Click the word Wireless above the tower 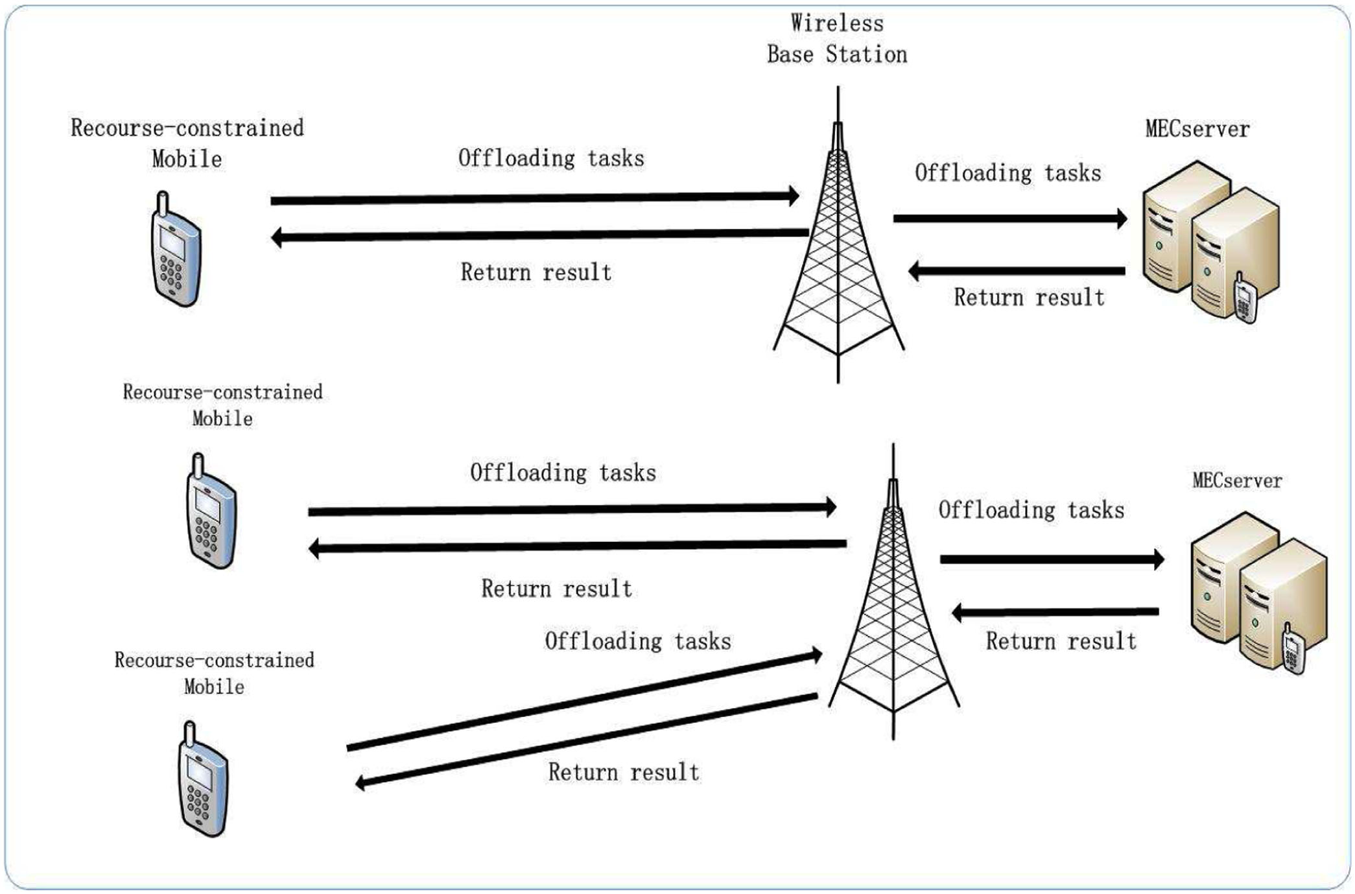(837, 23)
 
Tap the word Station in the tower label (867, 54)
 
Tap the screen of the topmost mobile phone (172, 243)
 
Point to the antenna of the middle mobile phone (198, 465)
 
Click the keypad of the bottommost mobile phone (198, 804)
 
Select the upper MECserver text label (1197, 129)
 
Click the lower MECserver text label (1237, 480)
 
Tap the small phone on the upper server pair (1245, 298)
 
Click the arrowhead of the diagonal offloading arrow (814, 655)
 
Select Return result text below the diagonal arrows (624, 772)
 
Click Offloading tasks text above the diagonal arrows (638, 641)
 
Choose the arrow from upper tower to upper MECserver (1010, 218)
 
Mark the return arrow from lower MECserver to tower (1055, 612)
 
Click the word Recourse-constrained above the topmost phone (187, 128)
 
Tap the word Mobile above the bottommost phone (214, 687)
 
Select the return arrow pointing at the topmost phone (539, 235)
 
